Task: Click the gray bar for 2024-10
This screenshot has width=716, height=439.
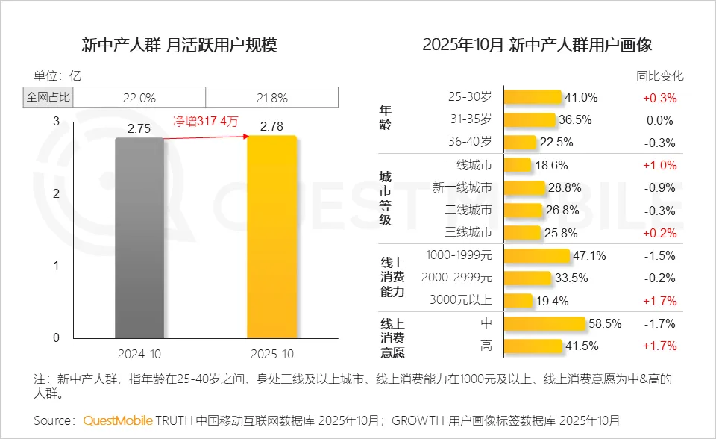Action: pos(139,237)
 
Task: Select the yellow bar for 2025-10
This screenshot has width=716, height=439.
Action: pos(271,237)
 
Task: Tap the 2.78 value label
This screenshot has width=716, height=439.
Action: pos(271,128)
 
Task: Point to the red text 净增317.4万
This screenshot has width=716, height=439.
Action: pos(205,122)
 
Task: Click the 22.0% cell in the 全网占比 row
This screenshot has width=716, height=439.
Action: pos(139,97)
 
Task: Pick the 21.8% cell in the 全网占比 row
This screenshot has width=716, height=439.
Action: pos(271,97)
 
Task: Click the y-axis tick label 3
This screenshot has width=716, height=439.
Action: pos(56,121)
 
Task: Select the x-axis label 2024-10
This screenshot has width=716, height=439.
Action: pos(139,353)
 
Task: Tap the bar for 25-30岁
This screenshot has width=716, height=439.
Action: pos(533,97)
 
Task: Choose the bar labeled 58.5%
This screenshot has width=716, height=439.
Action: pos(544,323)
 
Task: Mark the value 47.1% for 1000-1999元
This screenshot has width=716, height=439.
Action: pos(589,255)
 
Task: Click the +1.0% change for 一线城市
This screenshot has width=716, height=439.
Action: pos(659,165)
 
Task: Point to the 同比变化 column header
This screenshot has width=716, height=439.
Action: pos(659,75)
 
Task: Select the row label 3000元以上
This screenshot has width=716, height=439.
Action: pos(461,301)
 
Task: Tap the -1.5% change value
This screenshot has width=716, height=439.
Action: pos(659,255)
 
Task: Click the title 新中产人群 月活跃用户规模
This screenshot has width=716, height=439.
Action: pos(179,45)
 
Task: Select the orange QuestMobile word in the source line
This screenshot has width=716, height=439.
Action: pos(117,420)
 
